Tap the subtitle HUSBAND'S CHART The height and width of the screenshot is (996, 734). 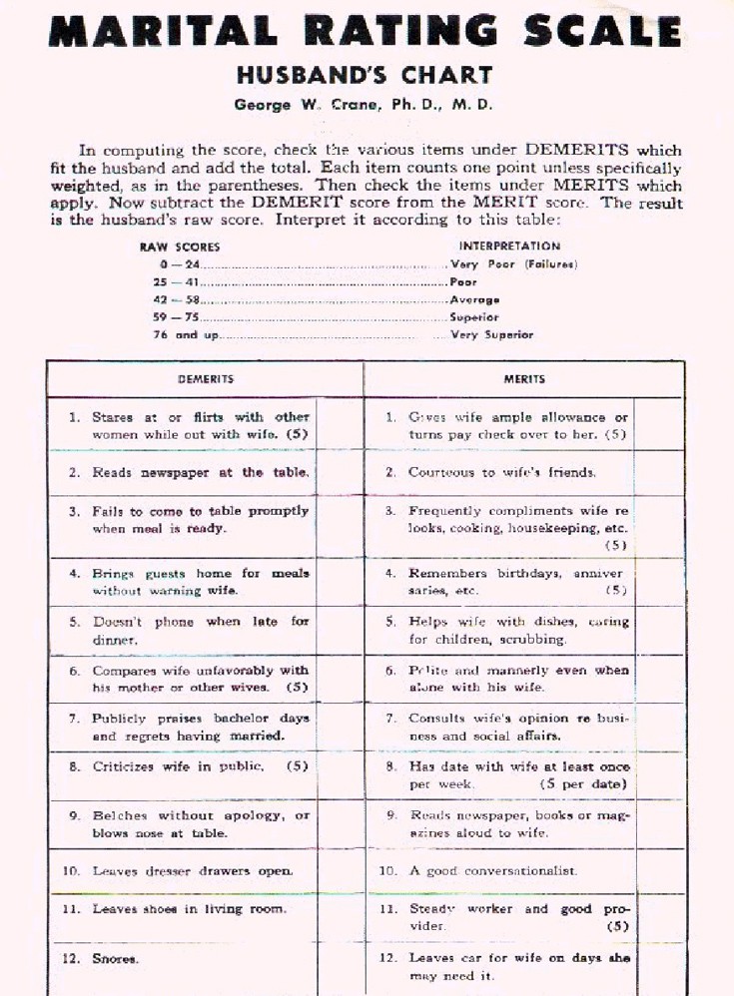tap(365, 75)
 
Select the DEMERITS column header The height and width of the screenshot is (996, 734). tap(205, 379)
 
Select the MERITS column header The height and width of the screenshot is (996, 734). tap(524, 379)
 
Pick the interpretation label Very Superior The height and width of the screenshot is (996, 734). tap(492, 335)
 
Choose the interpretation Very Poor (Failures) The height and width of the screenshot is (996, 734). tap(514, 264)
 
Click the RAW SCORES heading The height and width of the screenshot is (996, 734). tap(180, 246)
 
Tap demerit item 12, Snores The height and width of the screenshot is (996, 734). tap(115, 958)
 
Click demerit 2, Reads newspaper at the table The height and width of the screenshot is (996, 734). tap(201, 472)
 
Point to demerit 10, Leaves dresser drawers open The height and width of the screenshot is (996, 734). tap(193, 870)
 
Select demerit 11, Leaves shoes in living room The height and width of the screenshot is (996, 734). tap(189, 909)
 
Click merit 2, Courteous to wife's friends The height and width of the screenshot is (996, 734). tap(502, 472)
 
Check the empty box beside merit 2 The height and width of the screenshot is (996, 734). tap(658, 472)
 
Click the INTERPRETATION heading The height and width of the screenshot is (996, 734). tap(509, 246)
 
